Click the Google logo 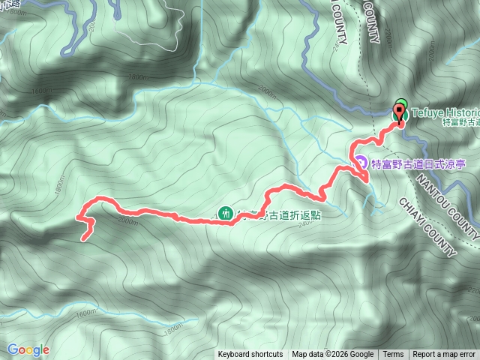click(28, 349)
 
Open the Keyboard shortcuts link click(250, 355)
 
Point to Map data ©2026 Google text click(332, 355)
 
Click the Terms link click(393, 355)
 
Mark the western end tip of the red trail click(82, 238)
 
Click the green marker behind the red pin click(402, 104)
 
